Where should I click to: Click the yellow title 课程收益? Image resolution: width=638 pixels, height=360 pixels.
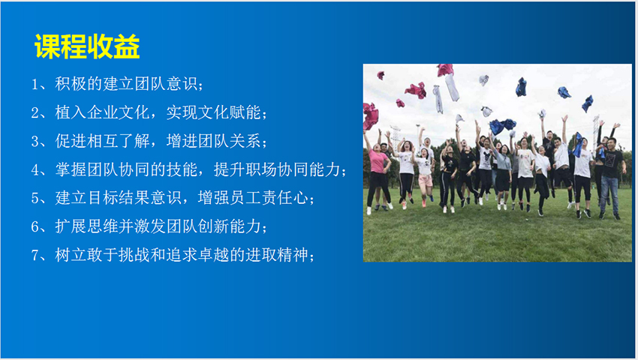pyautogui.click(x=87, y=46)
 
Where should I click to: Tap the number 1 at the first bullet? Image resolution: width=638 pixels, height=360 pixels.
pyautogui.click(x=35, y=84)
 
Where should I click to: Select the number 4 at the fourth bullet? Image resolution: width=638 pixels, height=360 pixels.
pyautogui.click(x=35, y=170)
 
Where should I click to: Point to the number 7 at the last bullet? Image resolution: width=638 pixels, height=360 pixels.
pyautogui.click(x=35, y=256)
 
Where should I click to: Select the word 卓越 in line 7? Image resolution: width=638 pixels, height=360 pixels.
pyautogui.click(x=214, y=255)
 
